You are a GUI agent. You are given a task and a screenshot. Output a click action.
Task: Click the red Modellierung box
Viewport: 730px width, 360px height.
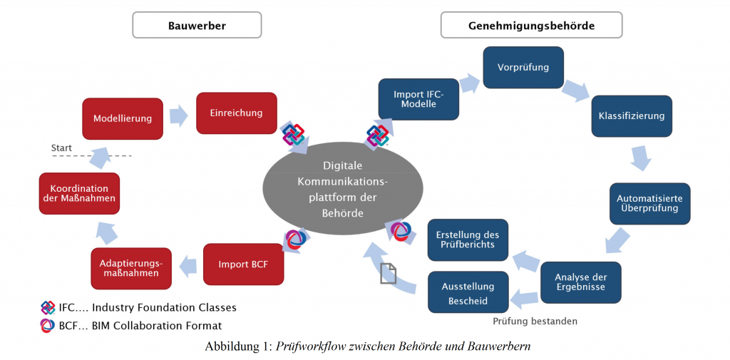pyautogui.click(x=123, y=118)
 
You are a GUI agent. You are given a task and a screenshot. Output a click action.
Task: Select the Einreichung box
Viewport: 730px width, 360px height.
pyautogui.click(x=237, y=113)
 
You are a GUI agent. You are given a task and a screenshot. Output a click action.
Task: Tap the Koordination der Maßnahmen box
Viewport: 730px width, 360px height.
pyautogui.click(x=79, y=193)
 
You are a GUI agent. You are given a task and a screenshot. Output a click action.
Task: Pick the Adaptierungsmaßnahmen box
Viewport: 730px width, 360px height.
pyautogui.click(x=131, y=268)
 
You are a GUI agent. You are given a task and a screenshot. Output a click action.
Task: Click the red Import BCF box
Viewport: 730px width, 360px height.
pyautogui.click(x=244, y=264)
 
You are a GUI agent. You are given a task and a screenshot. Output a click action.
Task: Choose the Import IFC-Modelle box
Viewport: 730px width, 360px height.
pyautogui.click(x=418, y=99)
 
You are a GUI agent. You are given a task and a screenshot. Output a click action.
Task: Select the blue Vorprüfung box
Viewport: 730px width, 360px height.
pyautogui.click(x=523, y=68)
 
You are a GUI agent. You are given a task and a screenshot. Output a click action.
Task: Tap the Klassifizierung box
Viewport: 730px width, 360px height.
pyautogui.click(x=632, y=116)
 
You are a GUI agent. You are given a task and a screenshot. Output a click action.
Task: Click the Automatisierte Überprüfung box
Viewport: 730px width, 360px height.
pyautogui.click(x=650, y=203)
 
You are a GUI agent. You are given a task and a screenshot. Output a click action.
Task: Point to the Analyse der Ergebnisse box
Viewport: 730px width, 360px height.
pyautogui.click(x=581, y=282)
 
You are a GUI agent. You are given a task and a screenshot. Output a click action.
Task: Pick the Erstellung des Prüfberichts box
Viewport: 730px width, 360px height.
pyautogui.click(x=468, y=240)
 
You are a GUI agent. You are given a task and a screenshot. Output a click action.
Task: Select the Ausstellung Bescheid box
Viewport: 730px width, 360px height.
pyautogui.click(x=468, y=292)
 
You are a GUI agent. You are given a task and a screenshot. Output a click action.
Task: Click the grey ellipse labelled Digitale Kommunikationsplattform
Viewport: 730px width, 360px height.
pyautogui.click(x=343, y=189)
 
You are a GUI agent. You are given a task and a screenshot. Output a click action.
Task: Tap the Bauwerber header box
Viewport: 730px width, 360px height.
pyautogui.click(x=197, y=25)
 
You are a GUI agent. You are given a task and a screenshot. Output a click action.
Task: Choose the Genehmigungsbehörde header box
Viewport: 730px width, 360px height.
pyautogui.click(x=531, y=25)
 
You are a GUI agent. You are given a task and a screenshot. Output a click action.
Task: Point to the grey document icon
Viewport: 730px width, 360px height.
pyautogui.click(x=388, y=273)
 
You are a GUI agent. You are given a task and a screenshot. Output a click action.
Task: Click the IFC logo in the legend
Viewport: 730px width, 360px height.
pyautogui.click(x=48, y=308)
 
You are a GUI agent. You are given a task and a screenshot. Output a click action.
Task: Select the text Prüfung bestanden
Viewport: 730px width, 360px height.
pyautogui.click(x=535, y=322)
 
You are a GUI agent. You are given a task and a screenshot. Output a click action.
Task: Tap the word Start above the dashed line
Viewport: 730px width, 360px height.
pyautogui.click(x=61, y=148)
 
